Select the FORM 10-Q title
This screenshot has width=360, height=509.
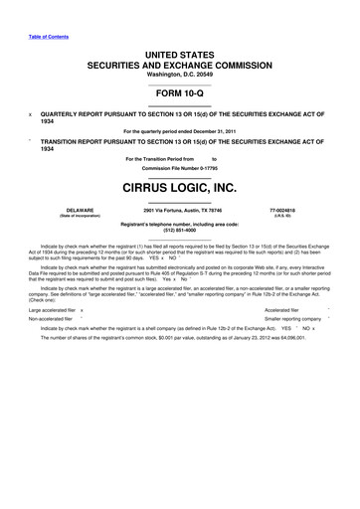click(x=180, y=91)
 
